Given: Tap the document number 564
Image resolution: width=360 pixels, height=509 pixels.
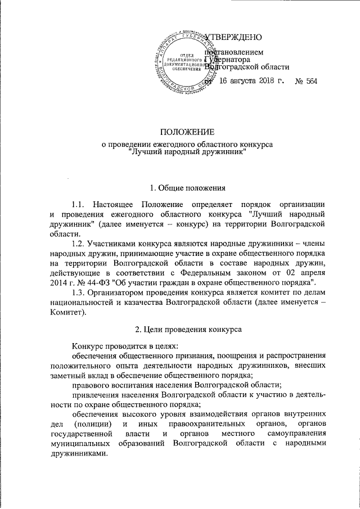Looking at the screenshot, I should click(309, 82).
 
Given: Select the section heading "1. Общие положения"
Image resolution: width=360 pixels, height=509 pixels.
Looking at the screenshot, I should click(187, 187).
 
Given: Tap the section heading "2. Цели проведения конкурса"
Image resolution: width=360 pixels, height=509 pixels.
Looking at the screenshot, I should click(187, 330).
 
